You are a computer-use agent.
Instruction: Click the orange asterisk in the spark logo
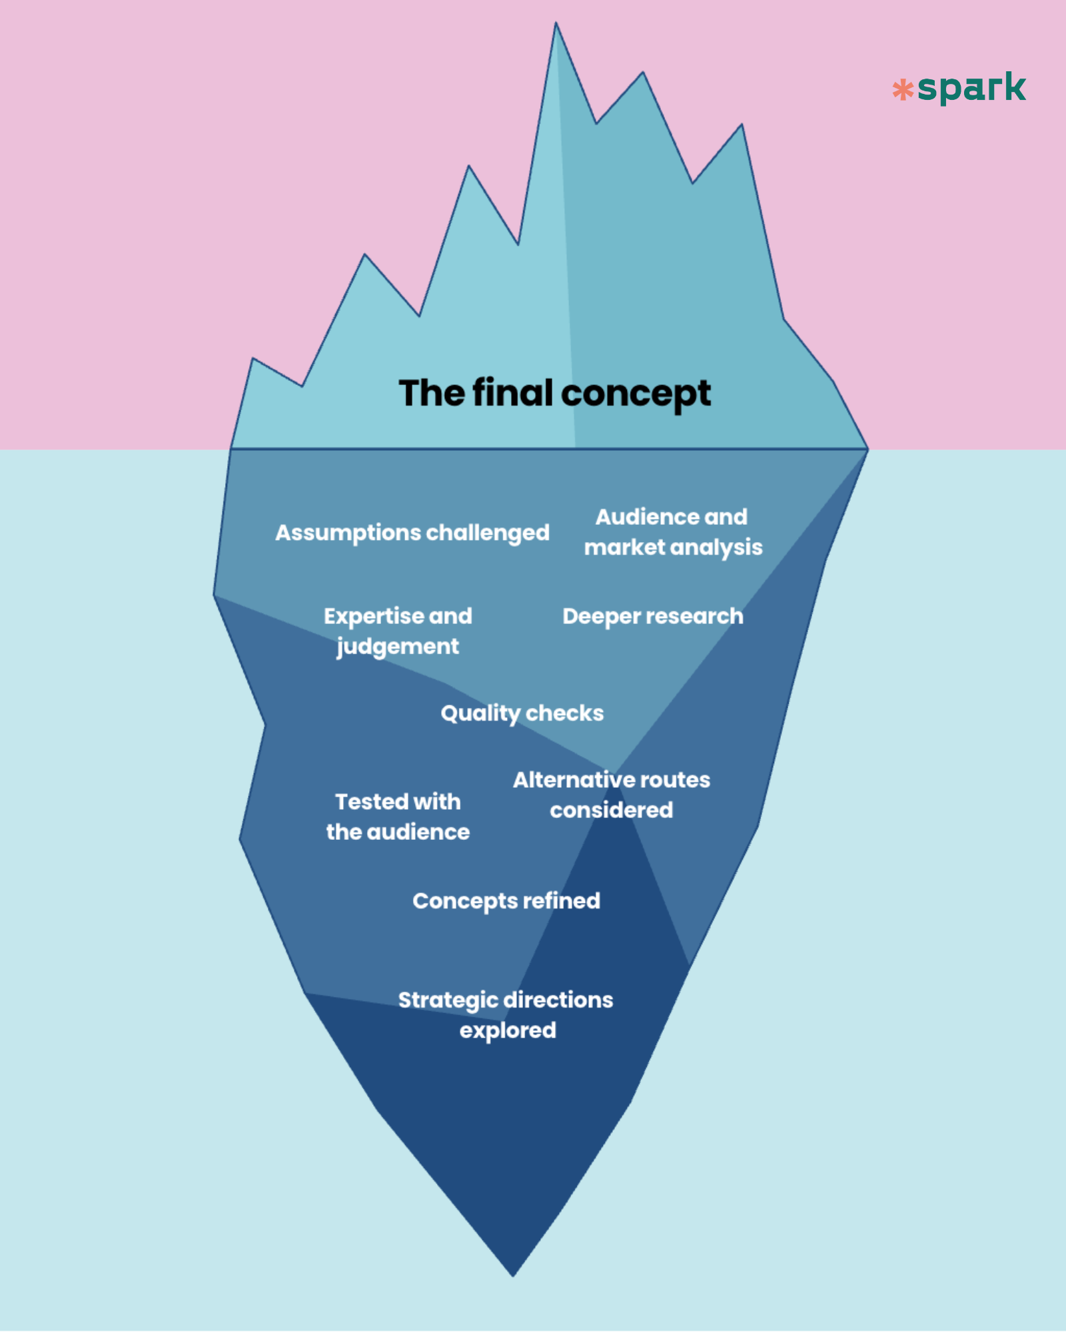[903, 90]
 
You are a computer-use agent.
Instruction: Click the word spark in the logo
[971, 88]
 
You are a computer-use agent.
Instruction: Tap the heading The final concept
[554, 394]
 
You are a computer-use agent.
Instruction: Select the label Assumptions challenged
[412, 533]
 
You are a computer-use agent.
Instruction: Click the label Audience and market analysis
[673, 532]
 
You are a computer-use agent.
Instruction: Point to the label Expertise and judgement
[398, 631]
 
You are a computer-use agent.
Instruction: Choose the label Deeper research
[653, 617]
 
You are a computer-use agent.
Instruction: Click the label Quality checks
[522, 714]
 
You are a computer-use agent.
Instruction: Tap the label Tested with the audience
[398, 817]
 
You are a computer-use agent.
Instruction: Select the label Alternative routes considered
[612, 795]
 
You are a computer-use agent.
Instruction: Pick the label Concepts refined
[506, 901]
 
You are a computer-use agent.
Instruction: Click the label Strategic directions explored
[506, 1015]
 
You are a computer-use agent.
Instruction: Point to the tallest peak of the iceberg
[556, 23]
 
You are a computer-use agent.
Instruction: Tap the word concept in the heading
[636, 395]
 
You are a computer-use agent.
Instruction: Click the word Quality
[480, 714]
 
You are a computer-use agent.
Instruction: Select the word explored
[508, 1031]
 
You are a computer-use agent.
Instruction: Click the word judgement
[398, 647]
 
